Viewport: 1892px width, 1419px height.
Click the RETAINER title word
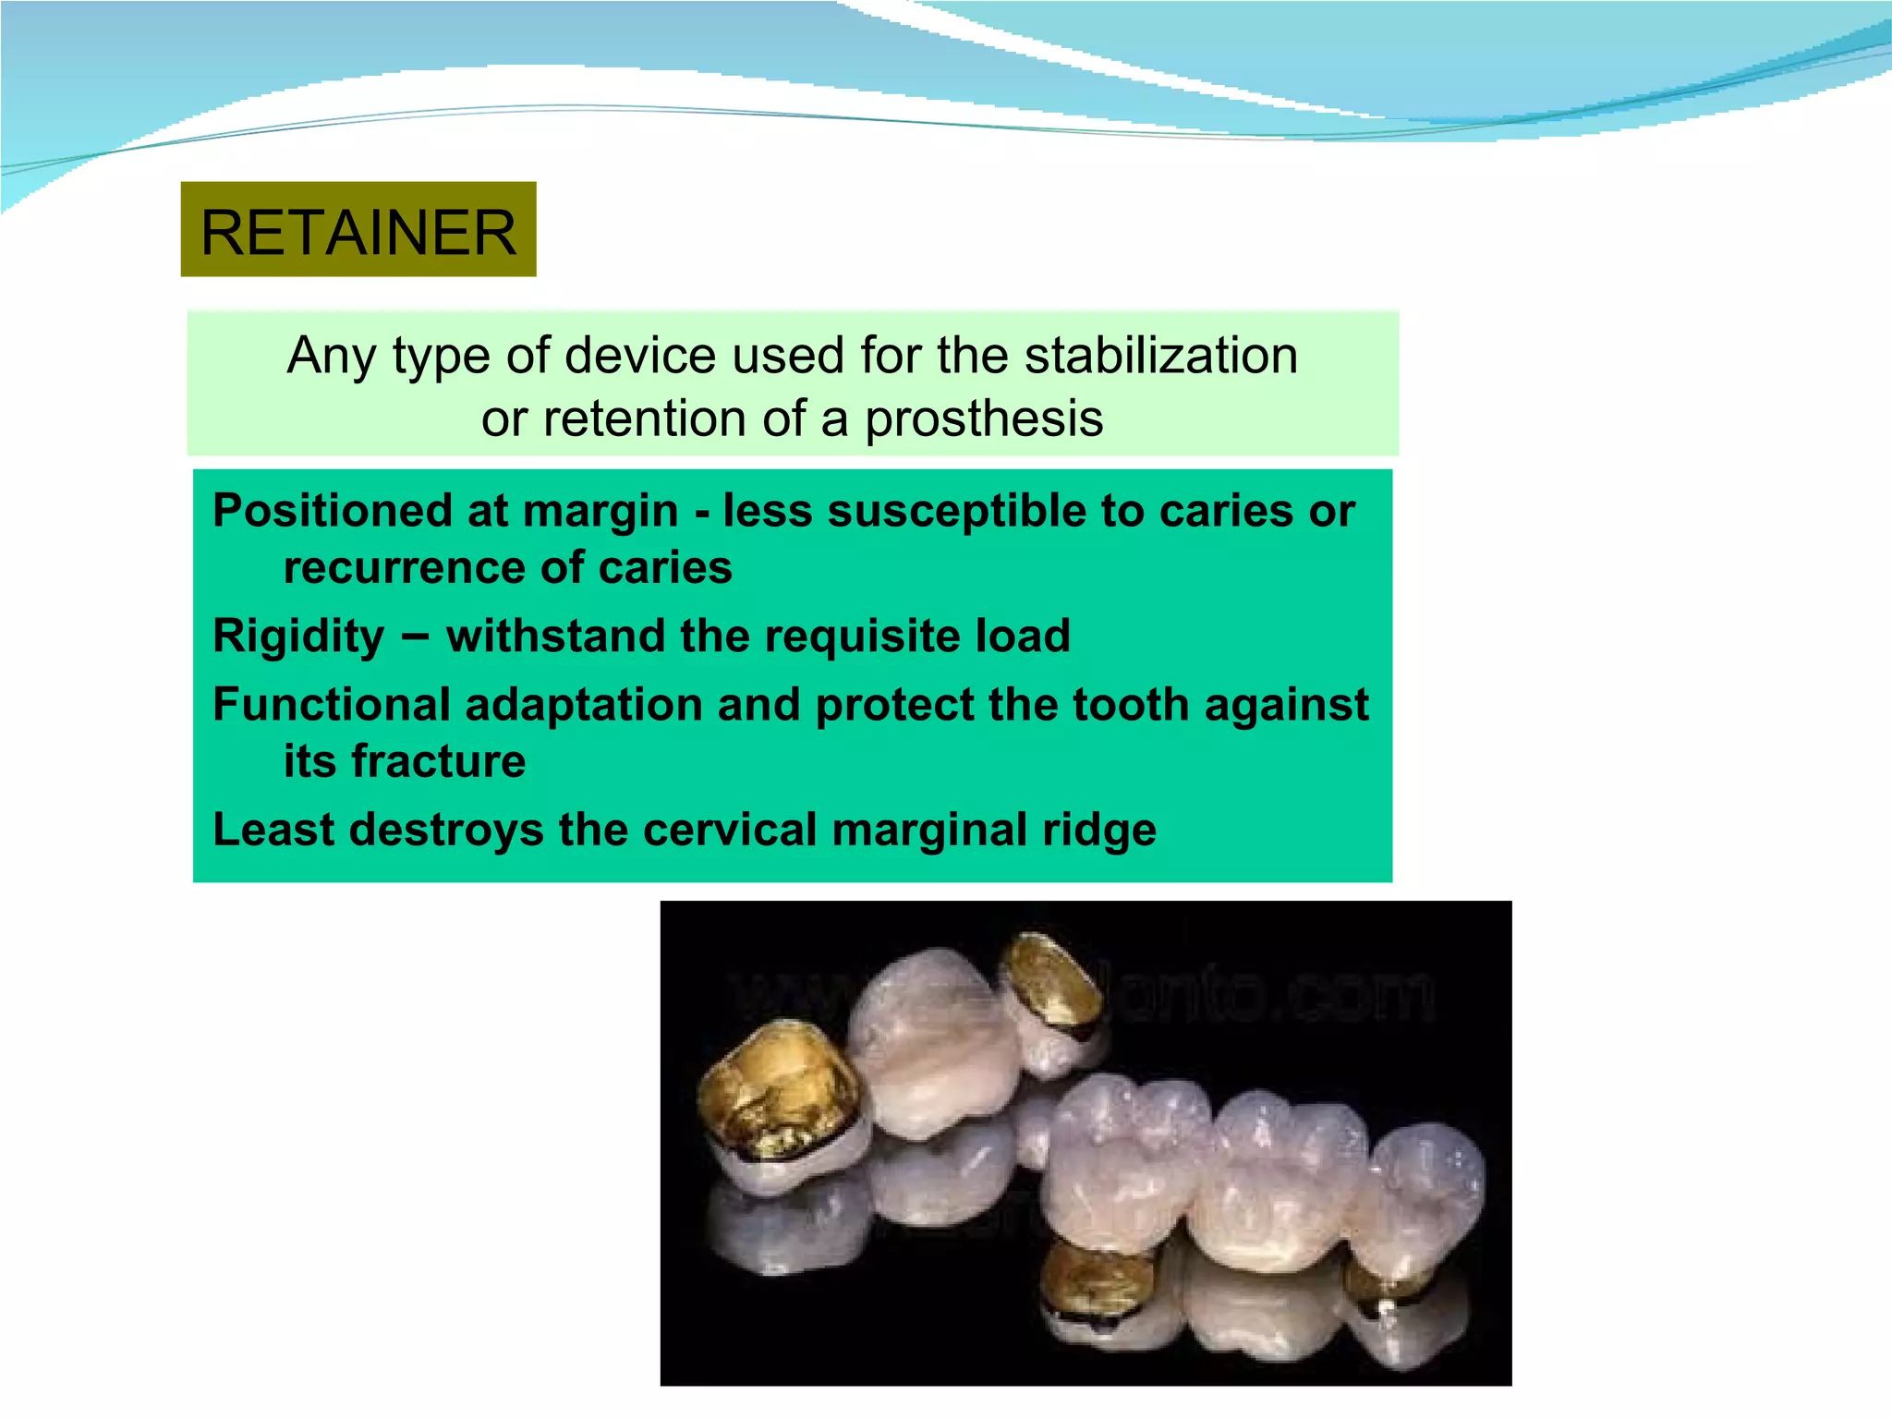tap(358, 232)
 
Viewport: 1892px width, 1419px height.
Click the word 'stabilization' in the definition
tap(1161, 356)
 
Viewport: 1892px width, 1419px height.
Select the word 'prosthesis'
tap(984, 418)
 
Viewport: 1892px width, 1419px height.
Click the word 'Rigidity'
tap(298, 637)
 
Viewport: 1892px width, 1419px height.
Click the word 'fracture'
tap(438, 761)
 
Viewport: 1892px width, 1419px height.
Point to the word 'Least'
tap(273, 830)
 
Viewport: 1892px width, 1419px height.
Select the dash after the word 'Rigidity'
tap(416, 637)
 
